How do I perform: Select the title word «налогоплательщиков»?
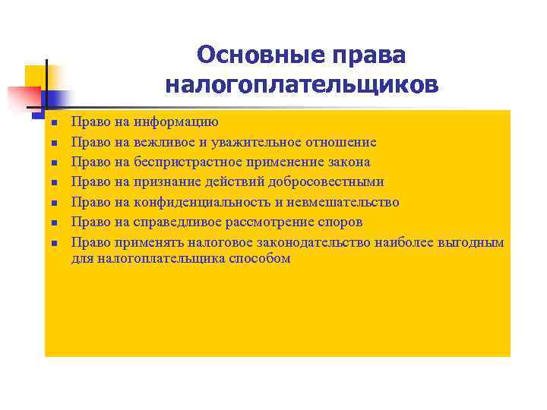click(x=301, y=84)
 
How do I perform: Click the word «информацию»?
click(x=176, y=121)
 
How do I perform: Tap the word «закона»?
click(x=346, y=162)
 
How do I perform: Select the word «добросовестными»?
click(x=331, y=182)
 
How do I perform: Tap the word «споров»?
click(x=342, y=222)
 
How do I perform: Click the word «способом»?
click(x=263, y=258)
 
